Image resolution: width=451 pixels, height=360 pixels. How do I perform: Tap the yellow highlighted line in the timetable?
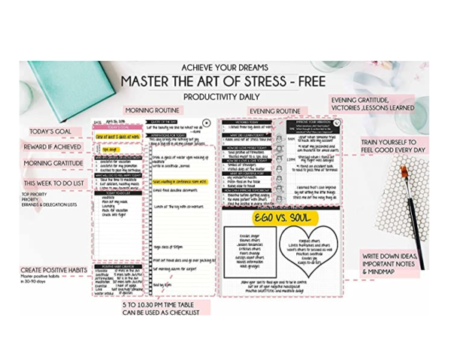tap(179, 181)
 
